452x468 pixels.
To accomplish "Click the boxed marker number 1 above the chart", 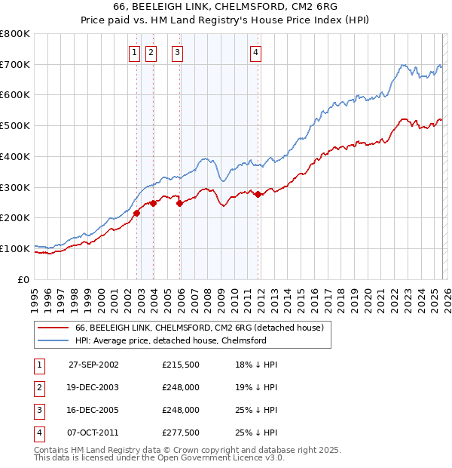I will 134,52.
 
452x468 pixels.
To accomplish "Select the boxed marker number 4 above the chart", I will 256,52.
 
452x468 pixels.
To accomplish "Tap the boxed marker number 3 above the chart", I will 177,52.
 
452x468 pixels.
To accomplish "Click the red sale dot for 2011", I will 258,194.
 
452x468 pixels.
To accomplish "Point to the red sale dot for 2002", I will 137,213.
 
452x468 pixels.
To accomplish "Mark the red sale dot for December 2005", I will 180,203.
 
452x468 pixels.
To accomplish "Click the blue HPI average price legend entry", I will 171,341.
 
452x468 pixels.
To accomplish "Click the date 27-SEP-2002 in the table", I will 93,364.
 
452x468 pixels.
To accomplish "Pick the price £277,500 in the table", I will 181,433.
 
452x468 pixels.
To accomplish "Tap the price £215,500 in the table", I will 181,364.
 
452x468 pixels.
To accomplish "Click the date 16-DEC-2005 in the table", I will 93,410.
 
